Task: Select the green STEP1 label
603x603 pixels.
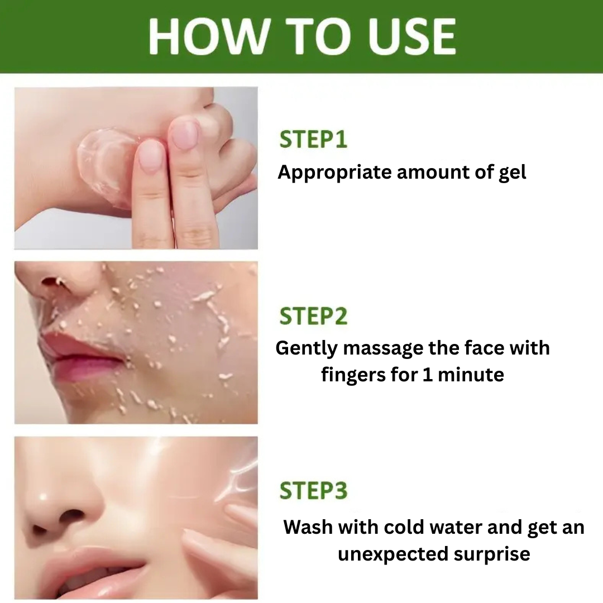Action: [313, 139]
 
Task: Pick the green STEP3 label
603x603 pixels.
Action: [313, 491]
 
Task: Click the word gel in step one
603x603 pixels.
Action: [512, 173]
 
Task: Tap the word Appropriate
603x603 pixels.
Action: [334, 173]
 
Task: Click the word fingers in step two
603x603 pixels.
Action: [353, 376]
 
